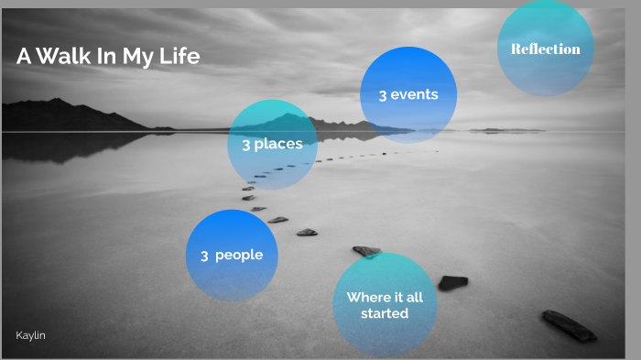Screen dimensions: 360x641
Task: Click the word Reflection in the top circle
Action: [546, 49]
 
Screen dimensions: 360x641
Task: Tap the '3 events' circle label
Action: [408, 94]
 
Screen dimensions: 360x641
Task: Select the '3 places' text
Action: [272, 144]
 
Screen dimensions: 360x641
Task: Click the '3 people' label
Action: [232, 256]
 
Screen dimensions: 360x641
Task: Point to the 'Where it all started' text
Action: [384, 305]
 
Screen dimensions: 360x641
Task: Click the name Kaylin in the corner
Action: [30, 336]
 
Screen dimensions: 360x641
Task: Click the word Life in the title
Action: [180, 57]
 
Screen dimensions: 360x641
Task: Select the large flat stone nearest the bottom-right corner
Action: [568, 325]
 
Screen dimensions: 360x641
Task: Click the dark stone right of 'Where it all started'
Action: [452, 283]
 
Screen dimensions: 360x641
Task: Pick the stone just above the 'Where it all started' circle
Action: [366, 250]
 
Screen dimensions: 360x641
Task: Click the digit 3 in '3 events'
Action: [383, 95]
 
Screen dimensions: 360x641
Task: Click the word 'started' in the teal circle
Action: [385, 313]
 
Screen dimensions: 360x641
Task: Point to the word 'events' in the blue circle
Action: [415, 94]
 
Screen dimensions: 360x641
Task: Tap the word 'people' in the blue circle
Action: [239, 256]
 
